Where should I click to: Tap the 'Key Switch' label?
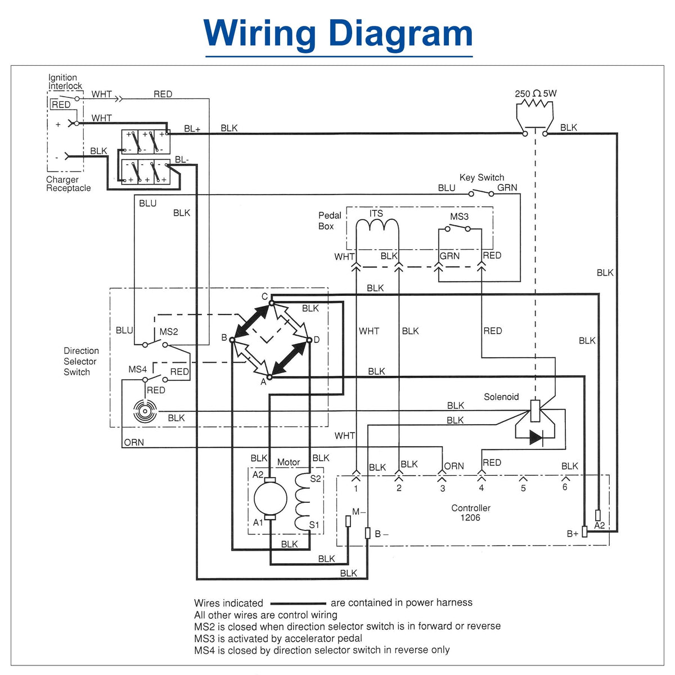click(481, 177)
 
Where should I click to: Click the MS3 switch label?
click(459, 217)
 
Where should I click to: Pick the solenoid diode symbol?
click(536, 438)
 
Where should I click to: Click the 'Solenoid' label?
click(501, 397)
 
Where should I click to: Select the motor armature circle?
click(270, 498)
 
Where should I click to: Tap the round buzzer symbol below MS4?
click(145, 411)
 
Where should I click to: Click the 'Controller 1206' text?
click(470, 512)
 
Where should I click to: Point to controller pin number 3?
click(443, 488)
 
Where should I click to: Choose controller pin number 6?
click(564, 487)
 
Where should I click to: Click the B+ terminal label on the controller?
click(573, 533)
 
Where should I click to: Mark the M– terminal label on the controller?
click(358, 512)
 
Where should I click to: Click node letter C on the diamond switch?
click(264, 296)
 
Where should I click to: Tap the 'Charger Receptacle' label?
click(68, 183)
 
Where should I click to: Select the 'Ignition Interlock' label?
click(65, 82)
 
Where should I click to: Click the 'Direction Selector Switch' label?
click(81, 361)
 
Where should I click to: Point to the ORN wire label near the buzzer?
click(134, 443)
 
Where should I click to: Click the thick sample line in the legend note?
click(298, 603)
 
